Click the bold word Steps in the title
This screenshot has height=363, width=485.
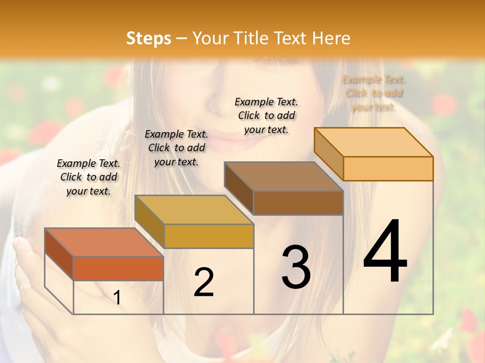(x=149, y=38)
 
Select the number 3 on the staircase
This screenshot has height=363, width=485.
(x=296, y=267)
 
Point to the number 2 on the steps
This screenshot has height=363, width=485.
(x=204, y=282)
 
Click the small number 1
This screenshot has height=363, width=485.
(x=117, y=298)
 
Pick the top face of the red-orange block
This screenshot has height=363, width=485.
(x=104, y=243)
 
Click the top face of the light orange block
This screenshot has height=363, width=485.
(x=374, y=142)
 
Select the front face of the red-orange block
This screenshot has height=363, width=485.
(x=118, y=268)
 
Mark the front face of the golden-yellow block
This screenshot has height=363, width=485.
(x=208, y=236)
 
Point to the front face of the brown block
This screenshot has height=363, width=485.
(x=298, y=203)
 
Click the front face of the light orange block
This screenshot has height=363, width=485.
(x=388, y=168)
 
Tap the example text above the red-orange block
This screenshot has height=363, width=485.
(x=88, y=177)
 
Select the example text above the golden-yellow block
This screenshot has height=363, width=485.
(x=176, y=148)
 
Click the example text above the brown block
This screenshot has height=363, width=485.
(x=266, y=115)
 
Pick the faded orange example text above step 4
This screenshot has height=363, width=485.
(x=374, y=93)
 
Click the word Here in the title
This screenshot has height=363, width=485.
(x=331, y=38)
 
